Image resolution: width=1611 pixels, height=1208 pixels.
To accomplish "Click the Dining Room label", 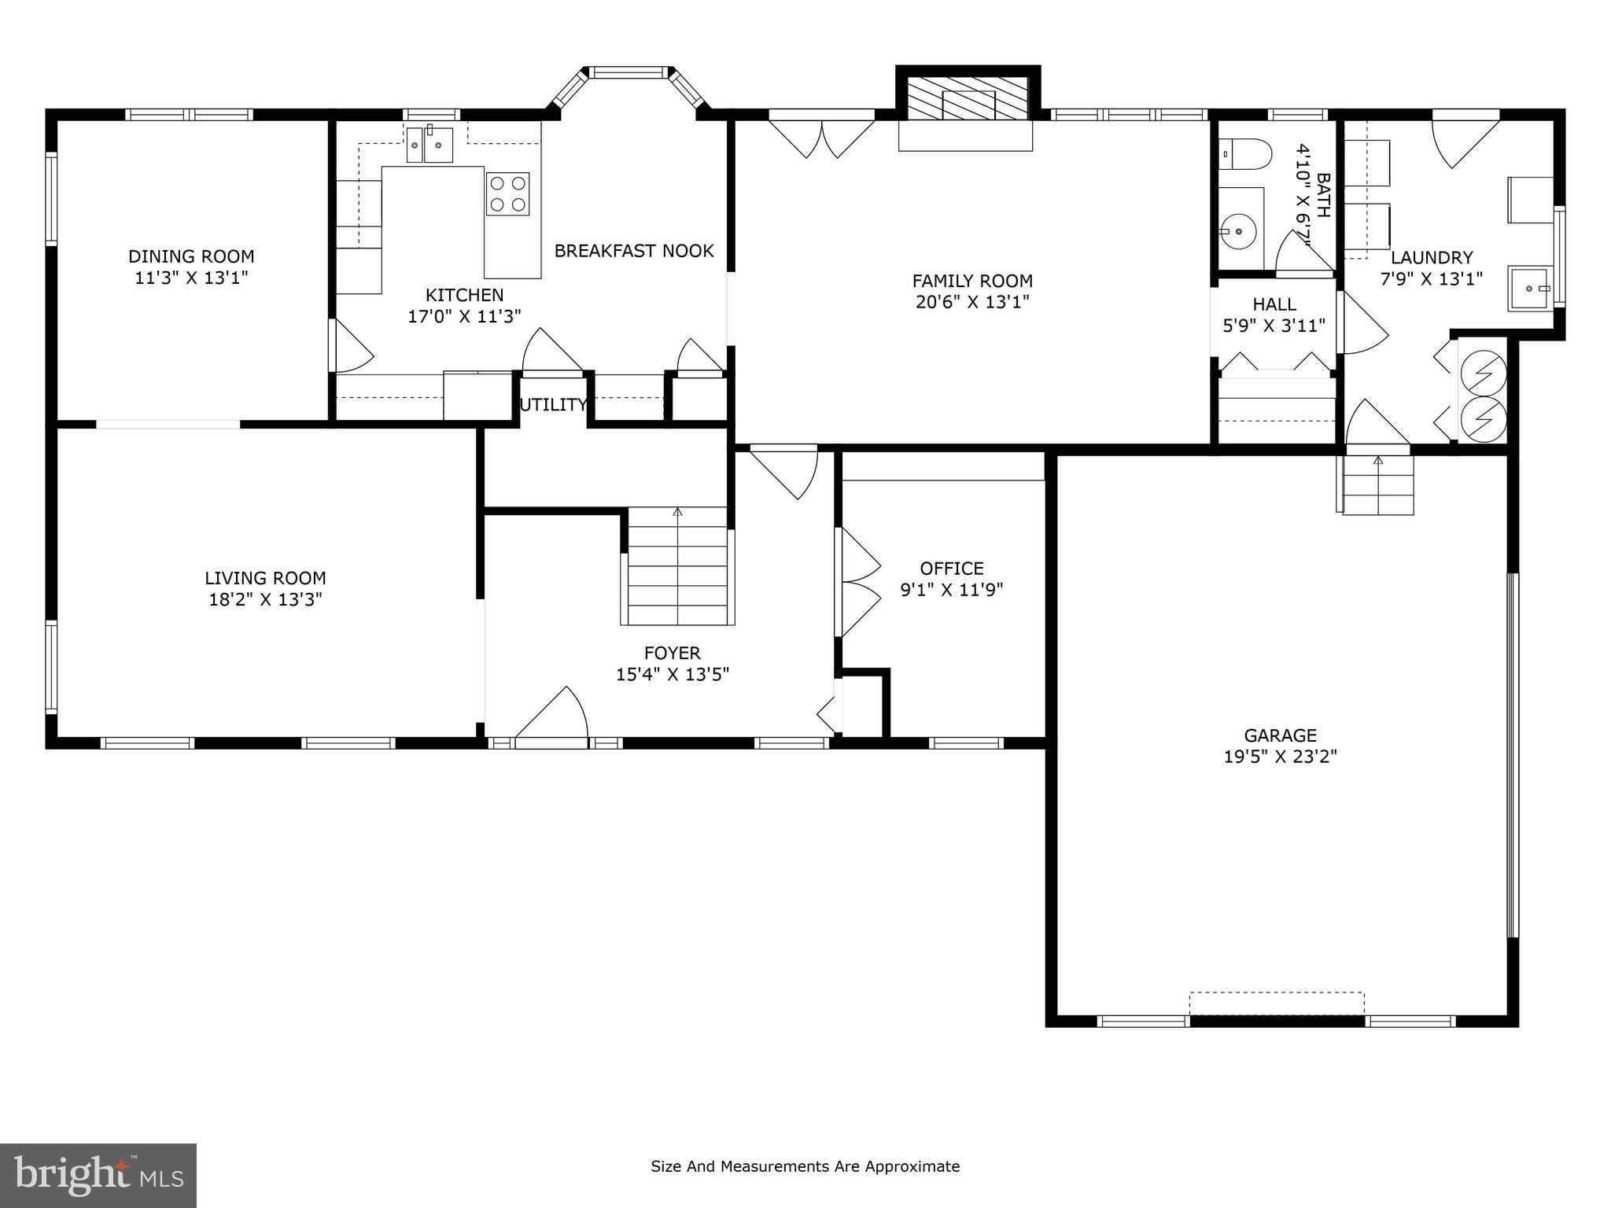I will [x=191, y=256].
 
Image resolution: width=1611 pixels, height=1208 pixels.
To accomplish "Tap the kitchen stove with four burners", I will [x=507, y=193].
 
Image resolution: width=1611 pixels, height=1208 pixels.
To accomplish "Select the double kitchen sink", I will [x=429, y=145].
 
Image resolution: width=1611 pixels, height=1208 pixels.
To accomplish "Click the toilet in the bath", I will [x=1244, y=155].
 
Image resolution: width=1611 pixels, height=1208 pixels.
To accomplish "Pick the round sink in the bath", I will [x=1239, y=231].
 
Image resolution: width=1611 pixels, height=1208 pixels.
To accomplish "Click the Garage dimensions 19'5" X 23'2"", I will [x=1280, y=757].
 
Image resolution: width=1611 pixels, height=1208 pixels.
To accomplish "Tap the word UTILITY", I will [x=553, y=405].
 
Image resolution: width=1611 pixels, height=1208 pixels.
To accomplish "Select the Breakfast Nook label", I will [x=634, y=251].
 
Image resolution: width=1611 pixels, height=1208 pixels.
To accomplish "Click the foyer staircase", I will [x=678, y=568].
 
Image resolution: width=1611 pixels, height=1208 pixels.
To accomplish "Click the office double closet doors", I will [x=859, y=582].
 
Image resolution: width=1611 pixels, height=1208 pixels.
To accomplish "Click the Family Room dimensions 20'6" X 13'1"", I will [x=972, y=302].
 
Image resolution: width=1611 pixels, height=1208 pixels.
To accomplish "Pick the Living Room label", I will [x=265, y=579].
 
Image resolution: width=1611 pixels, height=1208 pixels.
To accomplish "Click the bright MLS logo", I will [x=98, y=1176].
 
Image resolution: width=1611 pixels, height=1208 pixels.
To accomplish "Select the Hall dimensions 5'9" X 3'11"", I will [x=1274, y=326].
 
